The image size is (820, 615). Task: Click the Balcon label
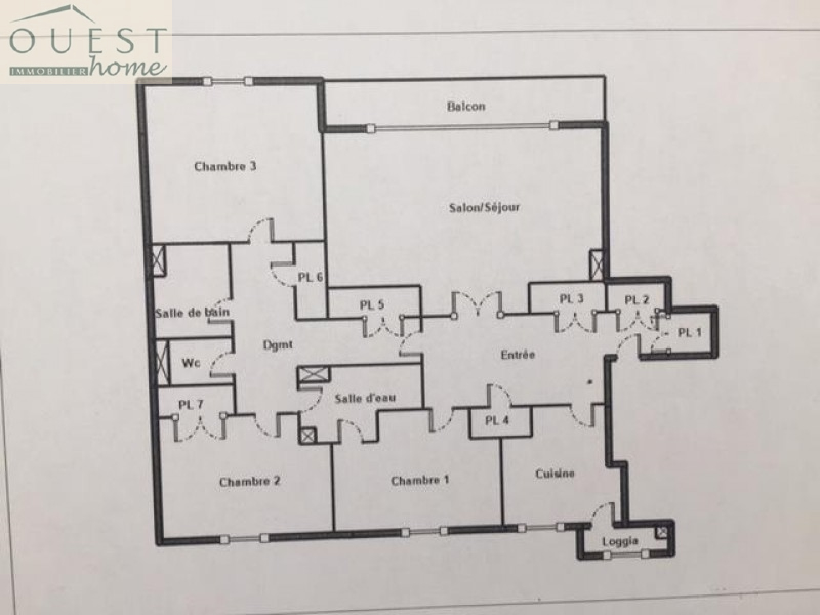(x=466, y=107)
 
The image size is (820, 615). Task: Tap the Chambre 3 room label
(x=225, y=166)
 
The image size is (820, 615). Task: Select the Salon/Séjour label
(x=484, y=207)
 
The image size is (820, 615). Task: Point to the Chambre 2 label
(x=250, y=481)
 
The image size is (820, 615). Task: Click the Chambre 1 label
(x=420, y=480)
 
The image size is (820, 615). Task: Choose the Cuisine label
(x=555, y=474)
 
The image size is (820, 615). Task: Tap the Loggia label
(x=620, y=541)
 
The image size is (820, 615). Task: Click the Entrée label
(x=518, y=354)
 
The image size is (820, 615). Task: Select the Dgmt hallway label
(x=278, y=344)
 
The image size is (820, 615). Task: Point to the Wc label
(x=190, y=362)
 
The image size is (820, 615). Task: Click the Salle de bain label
(x=192, y=312)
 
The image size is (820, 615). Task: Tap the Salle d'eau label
(x=365, y=398)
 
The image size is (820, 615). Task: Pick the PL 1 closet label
(x=690, y=332)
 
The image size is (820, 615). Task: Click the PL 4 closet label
(x=497, y=421)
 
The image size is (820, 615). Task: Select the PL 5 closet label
(x=372, y=305)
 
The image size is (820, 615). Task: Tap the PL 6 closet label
(x=310, y=277)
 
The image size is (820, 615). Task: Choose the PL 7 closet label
(x=191, y=404)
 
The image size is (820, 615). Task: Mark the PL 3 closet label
(x=571, y=299)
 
